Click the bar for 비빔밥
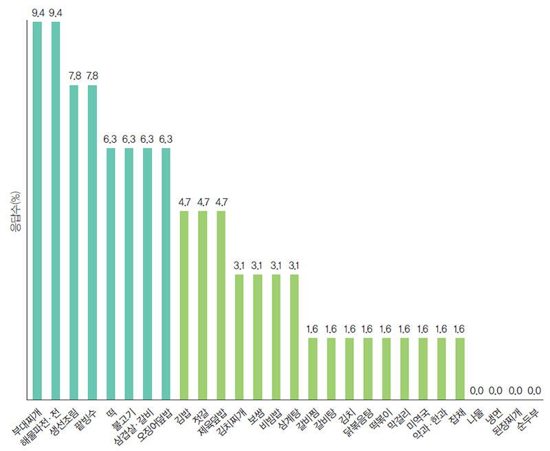click(276, 336)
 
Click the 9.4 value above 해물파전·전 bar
click(56, 12)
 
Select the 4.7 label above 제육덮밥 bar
click(221, 202)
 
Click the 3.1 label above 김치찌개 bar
click(239, 265)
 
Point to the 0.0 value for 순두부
click(533, 390)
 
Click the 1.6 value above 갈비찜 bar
click(313, 328)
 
